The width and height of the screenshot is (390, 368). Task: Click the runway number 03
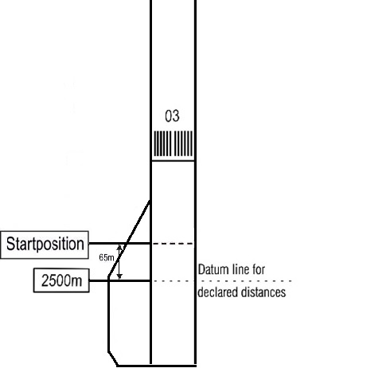(172, 116)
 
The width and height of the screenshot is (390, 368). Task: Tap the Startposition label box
(45, 245)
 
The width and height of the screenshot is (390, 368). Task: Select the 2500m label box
(61, 280)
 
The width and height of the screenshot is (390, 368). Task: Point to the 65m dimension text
(107, 257)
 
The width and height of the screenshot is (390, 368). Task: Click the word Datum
(212, 269)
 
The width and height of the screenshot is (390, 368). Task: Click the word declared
(218, 292)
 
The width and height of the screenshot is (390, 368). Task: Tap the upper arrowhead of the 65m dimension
(119, 248)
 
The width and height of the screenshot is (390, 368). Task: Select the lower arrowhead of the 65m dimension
(119, 276)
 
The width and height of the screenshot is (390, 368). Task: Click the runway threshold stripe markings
(173, 143)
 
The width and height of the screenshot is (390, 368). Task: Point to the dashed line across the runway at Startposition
(174, 243)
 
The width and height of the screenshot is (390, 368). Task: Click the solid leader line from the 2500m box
(120, 280)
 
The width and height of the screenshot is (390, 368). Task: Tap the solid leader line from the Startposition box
(119, 243)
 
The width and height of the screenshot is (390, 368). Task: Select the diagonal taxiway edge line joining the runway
(129, 238)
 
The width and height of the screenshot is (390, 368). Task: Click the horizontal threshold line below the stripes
(173, 161)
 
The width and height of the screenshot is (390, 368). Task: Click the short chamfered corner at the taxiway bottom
(113, 358)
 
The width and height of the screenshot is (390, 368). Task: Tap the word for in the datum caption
(259, 269)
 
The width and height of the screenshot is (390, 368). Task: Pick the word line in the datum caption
(239, 269)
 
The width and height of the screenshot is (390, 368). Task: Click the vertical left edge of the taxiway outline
(108, 314)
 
